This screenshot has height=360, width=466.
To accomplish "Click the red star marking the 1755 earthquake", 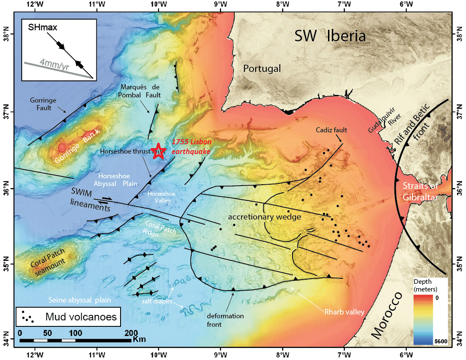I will click(158, 151).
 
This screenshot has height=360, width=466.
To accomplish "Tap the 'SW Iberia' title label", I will click(330, 36).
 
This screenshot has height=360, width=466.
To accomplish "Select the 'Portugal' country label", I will click(262, 68).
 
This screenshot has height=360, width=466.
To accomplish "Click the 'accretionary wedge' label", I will click(265, 217).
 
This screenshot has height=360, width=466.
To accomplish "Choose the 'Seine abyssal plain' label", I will click(80, 300).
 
